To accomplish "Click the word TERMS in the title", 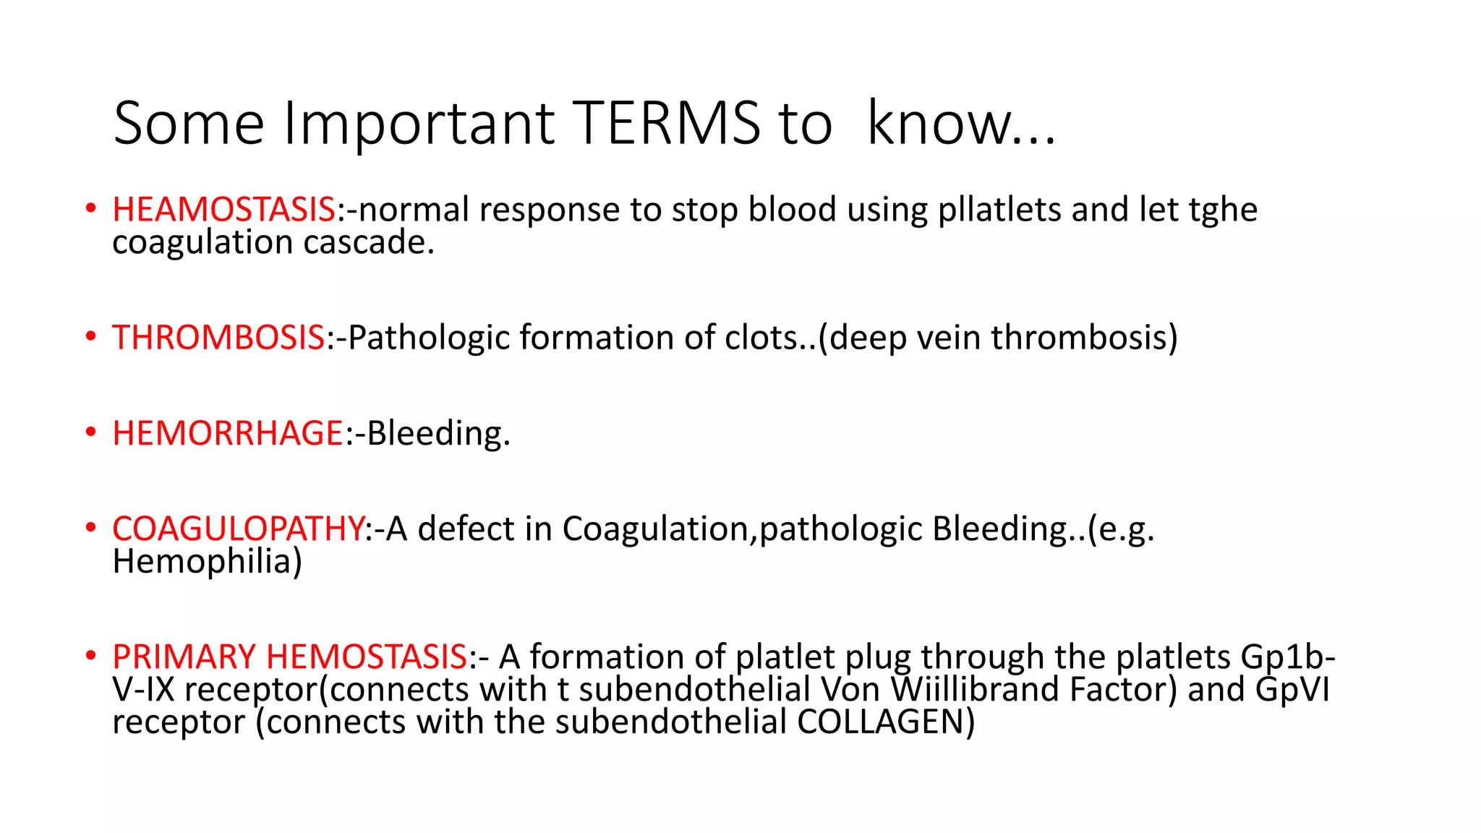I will [x=666, y=124].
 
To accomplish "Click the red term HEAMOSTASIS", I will [x=223, y=210].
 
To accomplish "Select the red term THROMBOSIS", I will [x=218, y=338].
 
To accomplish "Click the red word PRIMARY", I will [x=184, y=657].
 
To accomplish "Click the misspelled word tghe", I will [x=1223, y=210].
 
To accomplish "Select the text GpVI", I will [x=1292, y=689].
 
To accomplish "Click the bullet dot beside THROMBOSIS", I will [x=90, y=337].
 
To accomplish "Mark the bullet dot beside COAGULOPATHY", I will [x=90, y=528].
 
